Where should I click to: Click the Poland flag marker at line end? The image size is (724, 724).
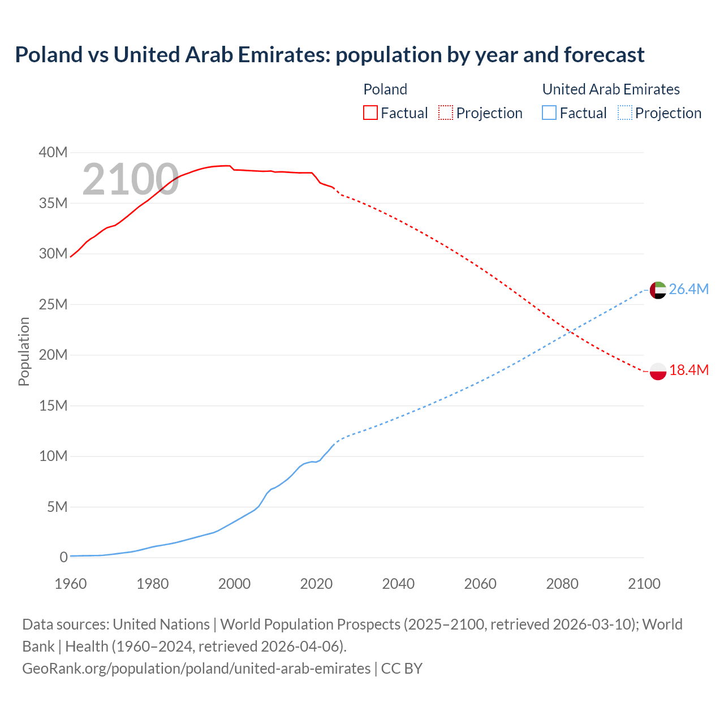pos(658,371)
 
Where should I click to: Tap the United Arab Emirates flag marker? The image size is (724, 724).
pos(658,290)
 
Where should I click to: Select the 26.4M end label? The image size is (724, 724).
pos(688,290)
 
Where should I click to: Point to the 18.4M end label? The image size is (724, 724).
pos(688,370)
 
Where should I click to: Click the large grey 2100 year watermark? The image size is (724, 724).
pos(131,180)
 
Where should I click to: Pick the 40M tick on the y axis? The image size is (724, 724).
pos(53,153)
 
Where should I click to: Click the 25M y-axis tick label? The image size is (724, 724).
pos(53,305)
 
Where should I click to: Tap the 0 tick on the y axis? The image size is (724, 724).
pos(63,558)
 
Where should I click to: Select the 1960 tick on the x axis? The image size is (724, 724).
pos(71,584)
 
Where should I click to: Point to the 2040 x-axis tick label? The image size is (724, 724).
pos(398,584)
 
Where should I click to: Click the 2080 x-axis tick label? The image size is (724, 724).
pos(562,584)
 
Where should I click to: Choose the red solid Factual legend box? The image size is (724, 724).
pos(370,113)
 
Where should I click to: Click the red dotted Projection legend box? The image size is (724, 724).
pos(446,113)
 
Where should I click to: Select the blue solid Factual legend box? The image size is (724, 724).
pos(549,113)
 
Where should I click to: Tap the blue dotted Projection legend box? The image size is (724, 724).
pos(624,113)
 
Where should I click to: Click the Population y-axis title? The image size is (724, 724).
pos(24,351)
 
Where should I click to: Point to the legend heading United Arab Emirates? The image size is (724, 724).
pos(611,89)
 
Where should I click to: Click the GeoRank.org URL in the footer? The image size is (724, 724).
pos(196,669)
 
